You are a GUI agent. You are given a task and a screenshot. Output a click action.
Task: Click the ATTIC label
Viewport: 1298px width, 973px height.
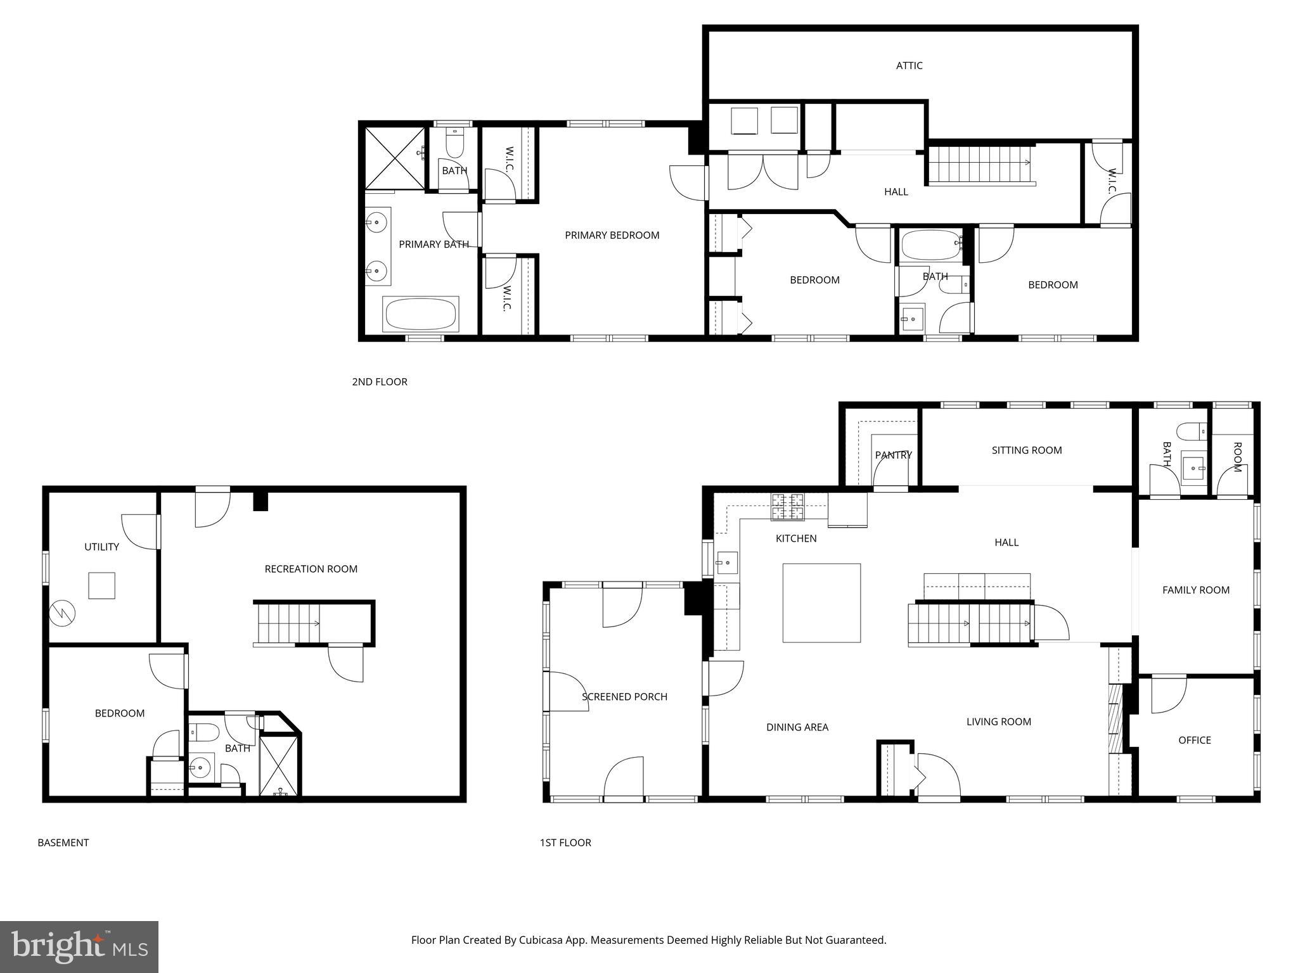[909, 65]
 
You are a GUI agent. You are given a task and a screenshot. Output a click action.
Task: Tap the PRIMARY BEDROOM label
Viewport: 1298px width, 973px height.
[612, 235]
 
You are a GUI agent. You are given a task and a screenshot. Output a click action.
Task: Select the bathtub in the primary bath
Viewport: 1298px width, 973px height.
[420, 314]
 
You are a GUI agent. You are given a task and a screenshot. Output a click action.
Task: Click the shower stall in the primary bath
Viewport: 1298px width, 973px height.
[394, 158]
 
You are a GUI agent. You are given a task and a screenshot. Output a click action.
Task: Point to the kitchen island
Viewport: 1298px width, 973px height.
[821, 603]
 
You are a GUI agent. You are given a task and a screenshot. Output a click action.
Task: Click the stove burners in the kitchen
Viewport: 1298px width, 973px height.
[787, 506]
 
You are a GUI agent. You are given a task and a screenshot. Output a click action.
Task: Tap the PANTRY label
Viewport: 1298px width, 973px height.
[893, 455]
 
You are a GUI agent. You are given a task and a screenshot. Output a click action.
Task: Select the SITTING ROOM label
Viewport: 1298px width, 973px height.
[1026, 450]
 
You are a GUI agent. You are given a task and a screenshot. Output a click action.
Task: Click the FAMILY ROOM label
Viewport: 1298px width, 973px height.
[1195, 590]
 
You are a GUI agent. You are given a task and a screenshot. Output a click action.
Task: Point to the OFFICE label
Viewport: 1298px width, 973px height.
[1194, 740]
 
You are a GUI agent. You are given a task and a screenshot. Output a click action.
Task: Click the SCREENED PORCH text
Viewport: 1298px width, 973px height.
[624, 697]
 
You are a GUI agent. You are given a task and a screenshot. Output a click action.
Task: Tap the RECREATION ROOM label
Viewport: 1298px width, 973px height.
[311, 569]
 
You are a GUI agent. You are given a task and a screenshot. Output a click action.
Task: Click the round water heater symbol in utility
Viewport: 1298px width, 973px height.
[63, 613]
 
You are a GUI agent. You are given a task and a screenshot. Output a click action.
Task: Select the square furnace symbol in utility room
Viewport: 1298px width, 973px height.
[101, 585]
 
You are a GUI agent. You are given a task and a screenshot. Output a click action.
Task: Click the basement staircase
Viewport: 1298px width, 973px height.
[288, 623]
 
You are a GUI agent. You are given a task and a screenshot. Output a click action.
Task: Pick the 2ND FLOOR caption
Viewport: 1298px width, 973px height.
[379, 381]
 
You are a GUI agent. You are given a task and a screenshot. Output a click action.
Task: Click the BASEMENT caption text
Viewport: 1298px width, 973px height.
[63, 843]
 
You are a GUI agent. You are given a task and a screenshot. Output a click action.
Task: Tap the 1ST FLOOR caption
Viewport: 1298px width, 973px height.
[565, 843]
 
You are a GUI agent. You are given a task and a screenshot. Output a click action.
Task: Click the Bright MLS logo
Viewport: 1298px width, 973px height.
[79, 946]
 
